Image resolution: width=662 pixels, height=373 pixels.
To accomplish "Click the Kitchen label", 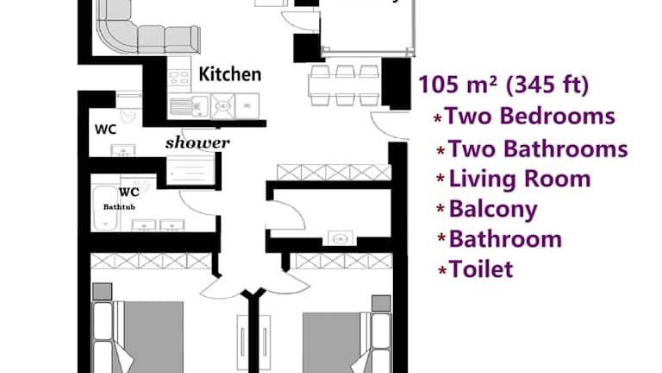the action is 230,74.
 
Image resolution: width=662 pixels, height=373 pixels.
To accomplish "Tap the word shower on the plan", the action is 197,143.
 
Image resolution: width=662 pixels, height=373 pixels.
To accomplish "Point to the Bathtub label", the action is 119,207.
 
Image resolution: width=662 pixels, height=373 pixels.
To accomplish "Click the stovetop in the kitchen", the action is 179,77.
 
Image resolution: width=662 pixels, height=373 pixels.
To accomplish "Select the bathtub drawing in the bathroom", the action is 105,207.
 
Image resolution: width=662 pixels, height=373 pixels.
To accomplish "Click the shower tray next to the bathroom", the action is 190,170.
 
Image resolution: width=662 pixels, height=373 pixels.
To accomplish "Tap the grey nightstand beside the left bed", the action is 103,292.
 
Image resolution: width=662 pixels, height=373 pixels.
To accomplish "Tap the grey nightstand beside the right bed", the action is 381,303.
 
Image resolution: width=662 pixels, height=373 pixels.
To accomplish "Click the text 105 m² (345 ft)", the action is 503,84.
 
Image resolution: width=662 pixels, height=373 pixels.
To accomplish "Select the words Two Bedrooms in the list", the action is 530,116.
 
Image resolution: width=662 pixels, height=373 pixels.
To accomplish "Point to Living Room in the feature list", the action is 519,179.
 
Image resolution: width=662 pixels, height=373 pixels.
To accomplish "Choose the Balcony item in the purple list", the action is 493,209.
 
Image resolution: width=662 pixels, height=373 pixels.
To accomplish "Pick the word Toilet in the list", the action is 480,269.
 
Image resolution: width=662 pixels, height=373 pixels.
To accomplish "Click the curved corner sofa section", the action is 115,34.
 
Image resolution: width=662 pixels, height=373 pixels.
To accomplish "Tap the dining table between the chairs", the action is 345,85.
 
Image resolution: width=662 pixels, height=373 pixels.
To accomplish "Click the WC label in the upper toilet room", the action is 105,129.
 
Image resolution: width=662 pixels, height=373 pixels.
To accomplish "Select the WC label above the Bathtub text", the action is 128,193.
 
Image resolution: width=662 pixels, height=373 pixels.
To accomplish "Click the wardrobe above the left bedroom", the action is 151,261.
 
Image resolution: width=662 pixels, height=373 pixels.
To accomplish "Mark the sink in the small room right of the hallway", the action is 340,238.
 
